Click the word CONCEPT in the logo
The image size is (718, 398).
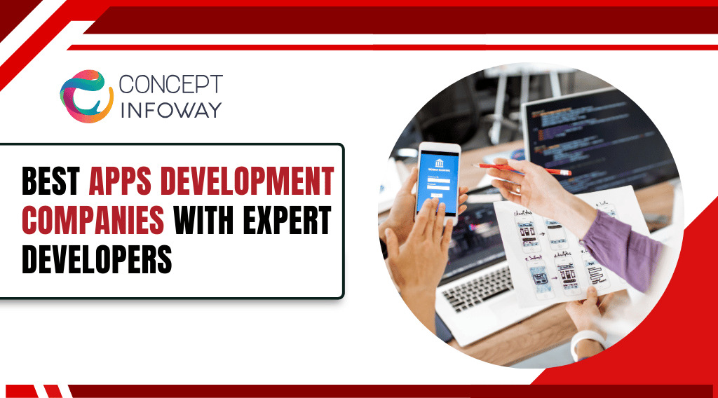coord(170,85)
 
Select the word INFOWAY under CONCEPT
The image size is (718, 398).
coord(170,109)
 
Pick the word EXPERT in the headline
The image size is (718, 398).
coord(288,221)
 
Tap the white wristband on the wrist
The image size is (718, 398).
coord(586,343)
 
